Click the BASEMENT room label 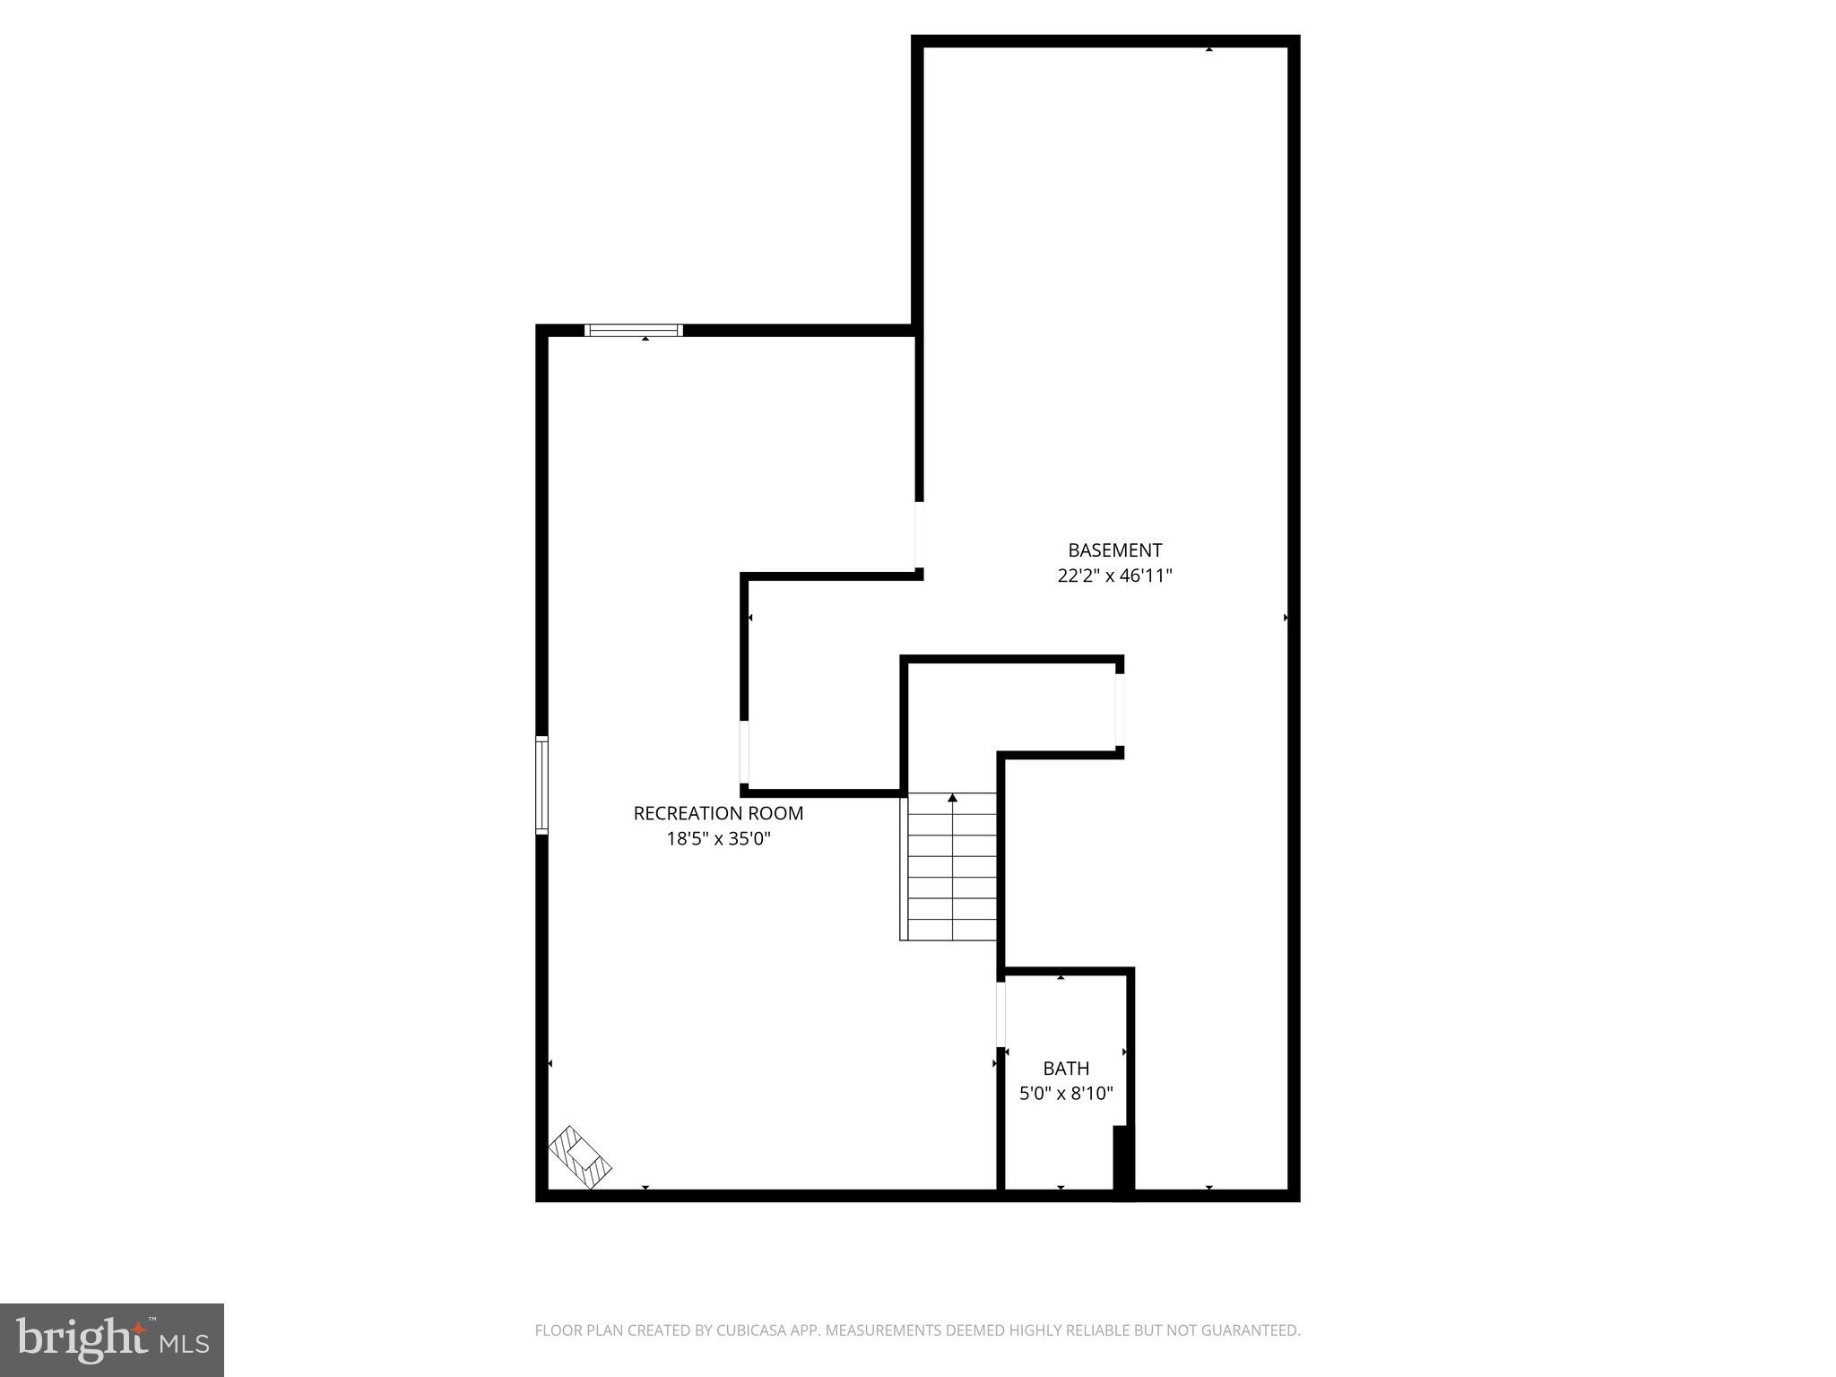(x=1114, y=550)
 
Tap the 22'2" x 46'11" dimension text (x=1114, y=576)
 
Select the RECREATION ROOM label (x=718, y=813)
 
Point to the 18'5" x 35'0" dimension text (x=718, y=839)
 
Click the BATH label (x=1066, y=1069)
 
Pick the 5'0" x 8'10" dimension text (x=1066, y=1094)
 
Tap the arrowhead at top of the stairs (x=952, y=797)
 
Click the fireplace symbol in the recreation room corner (x=580, y=1157)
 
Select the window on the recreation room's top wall (x=633, y=330)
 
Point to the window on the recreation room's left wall (x=541, y=785)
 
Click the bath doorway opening (x=1000, y=1014)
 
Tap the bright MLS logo (x=112, y=1340)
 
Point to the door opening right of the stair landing (x=1120, y=709)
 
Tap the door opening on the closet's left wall (x=744, y=751)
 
